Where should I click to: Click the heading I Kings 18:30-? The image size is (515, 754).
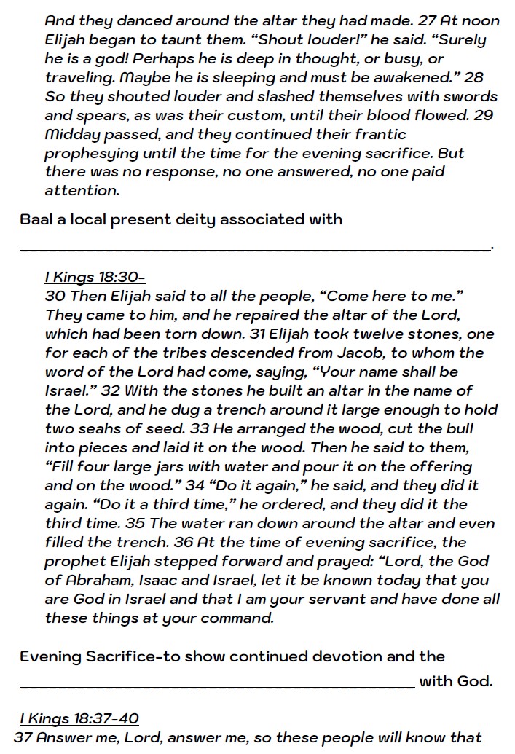95,278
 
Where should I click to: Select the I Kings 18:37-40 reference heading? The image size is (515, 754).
79,719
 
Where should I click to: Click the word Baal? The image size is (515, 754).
38,219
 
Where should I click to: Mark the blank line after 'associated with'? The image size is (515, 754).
255,248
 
